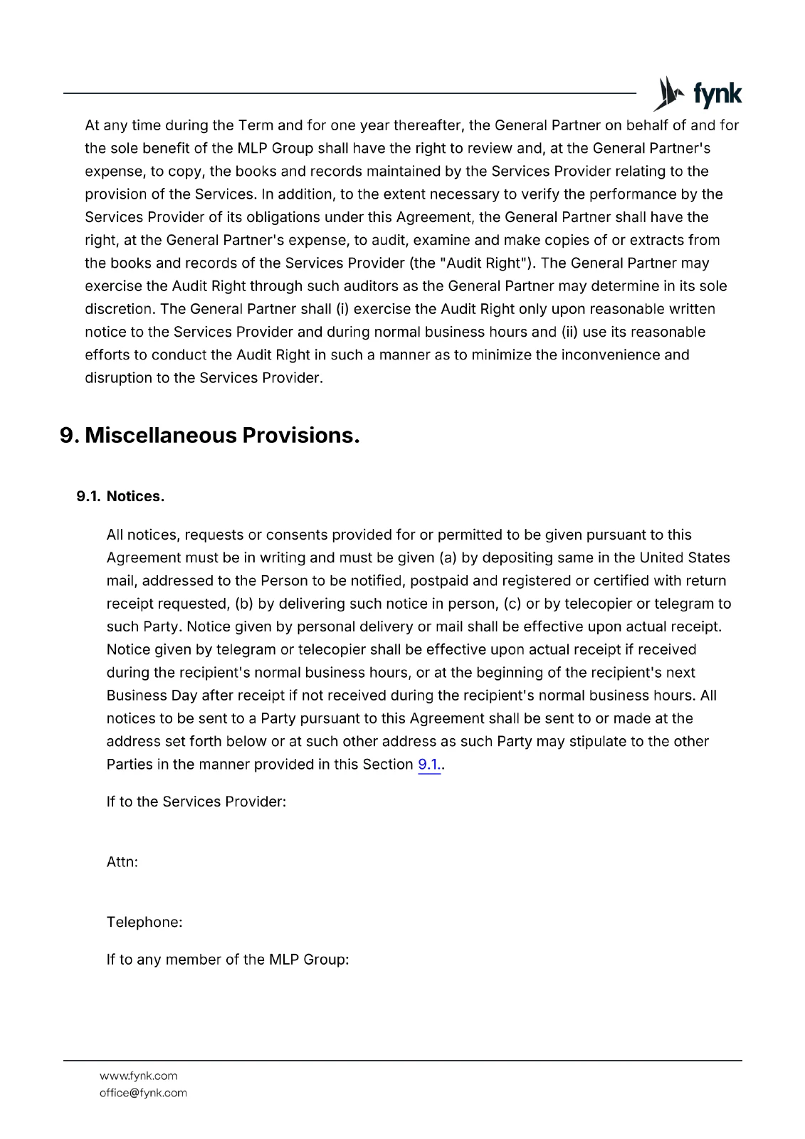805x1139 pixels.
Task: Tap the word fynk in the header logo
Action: (717, 94)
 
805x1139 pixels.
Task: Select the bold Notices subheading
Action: (135, 497)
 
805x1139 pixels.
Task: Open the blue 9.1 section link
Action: (429, 765)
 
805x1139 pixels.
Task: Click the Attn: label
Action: (122, 862)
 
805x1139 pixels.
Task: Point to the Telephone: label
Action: (144, 923)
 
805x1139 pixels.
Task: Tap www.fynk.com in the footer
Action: (138, 1076)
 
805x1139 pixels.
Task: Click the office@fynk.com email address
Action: (143, 1093)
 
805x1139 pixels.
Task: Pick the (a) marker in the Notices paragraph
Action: (448, 558)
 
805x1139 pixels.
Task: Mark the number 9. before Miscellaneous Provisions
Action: (69, 435)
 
